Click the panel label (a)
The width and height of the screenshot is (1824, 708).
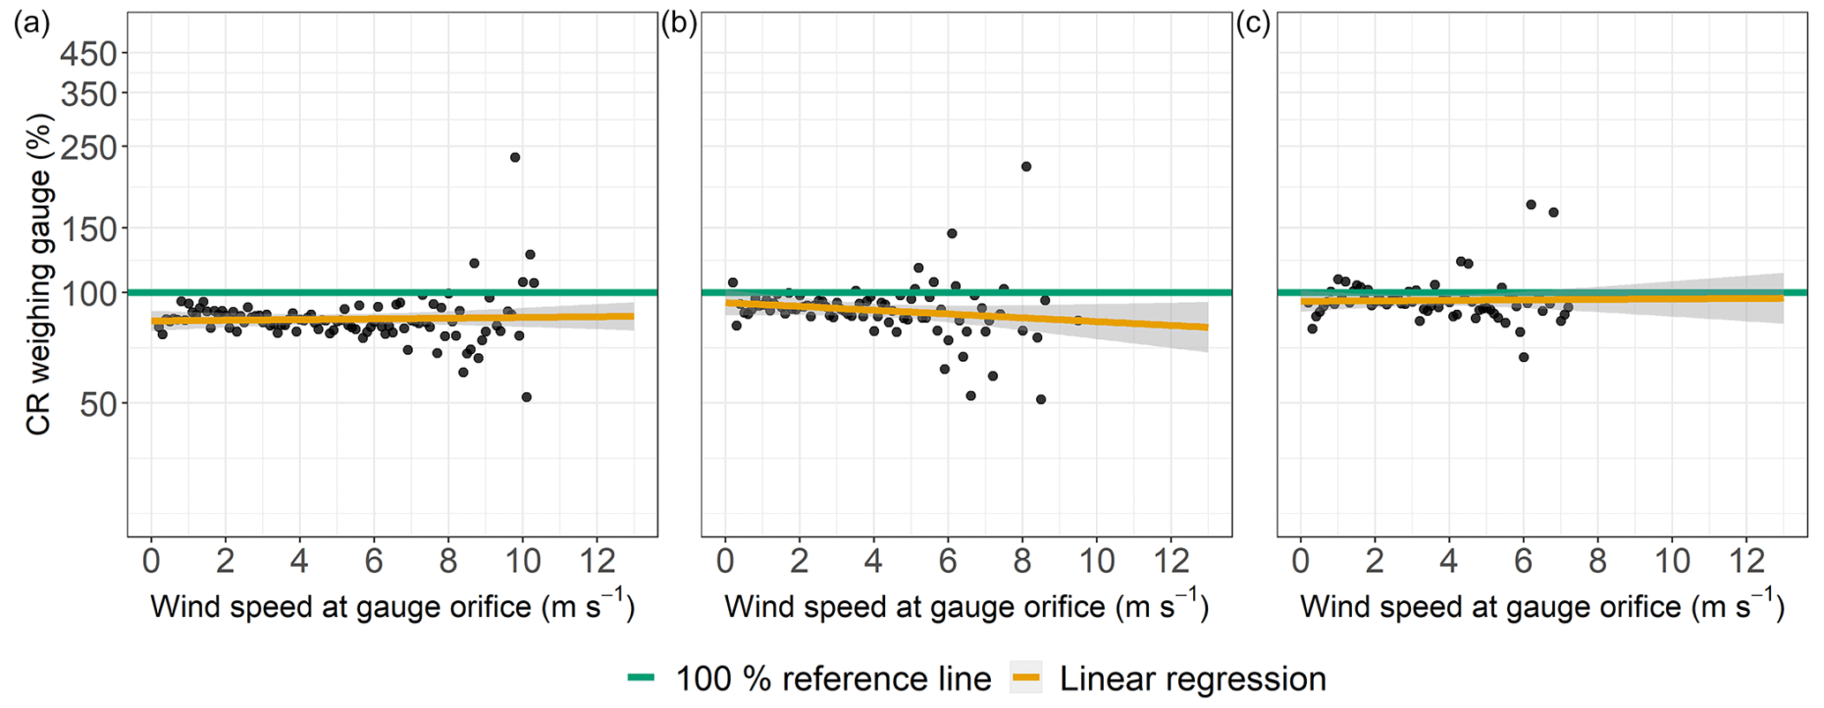[x=31, y=25]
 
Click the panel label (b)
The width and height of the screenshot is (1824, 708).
[x=679, y=25]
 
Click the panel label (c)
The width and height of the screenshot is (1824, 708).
[x=1253, y=25]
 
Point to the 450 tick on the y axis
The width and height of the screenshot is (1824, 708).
[x=88, y=54]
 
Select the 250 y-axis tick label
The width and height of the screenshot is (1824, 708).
[x=88, y=147]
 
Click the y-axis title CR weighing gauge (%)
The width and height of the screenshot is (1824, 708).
[x=39, y=276]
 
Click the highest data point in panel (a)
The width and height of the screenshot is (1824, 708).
[x=514, y=157]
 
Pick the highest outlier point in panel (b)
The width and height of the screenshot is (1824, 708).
[x=1025, y=166]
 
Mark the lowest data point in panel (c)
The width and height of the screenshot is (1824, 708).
[x=1523, y=357]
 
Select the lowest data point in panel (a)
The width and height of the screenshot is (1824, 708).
[x=526, y=397]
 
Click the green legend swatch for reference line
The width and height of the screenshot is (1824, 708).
[x=642, y=678]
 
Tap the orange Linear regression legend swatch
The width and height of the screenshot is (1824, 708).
[x=1025, y=678]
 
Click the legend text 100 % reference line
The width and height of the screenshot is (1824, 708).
[x=833, y=679]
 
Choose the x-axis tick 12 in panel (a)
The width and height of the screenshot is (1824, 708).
[x=596, y=561]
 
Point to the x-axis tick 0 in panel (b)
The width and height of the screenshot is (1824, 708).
[x=724, y=561]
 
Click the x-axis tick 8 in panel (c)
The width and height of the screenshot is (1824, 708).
[x=1596, y=561]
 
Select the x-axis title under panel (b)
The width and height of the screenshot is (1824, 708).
[x=965, y=606]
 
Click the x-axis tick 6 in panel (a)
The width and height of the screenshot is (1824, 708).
[x=373, y=561]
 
